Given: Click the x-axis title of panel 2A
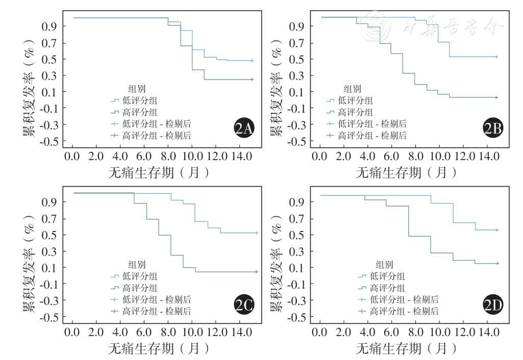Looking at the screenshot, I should click(x=159, y=172).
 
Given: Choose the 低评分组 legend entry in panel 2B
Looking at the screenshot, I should click(x=355, y=100).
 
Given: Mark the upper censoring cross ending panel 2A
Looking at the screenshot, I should click(x=252, y=61).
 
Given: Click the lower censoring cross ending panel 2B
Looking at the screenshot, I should click(x=496, y=97).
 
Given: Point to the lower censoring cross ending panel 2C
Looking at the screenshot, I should click(x=257, y=272).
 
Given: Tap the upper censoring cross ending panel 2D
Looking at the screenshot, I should click(x=497, y=230).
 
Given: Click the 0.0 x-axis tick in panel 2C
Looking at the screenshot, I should click(x=72, y=332).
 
